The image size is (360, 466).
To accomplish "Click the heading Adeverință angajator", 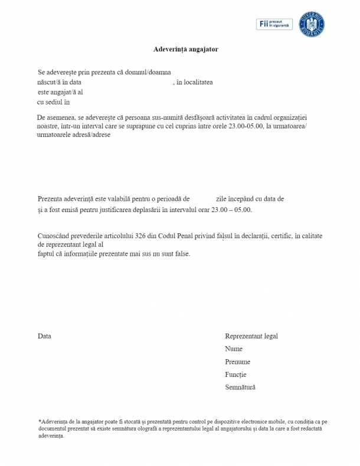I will pyautogui.click(x=181, y=50).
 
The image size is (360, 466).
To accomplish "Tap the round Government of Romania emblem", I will pyautogui.click(x=312, y=24).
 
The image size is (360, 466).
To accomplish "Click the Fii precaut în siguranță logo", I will pyautogui.click(x=274, y=24).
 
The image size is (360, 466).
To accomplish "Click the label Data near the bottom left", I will pyautogui.click(x=44, y=336).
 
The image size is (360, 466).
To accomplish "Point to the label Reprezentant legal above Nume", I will pyautogui.click(x=251, y=336).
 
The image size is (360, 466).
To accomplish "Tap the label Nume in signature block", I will pyautogui.click(x=234, y=349).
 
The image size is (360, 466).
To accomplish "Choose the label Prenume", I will pyautogui.click(x=237, y=361).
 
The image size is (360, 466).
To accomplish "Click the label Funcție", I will pyautogui.click(x=235, y=374).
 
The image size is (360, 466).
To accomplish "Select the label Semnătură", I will pyautogui.click(x=240, y=387).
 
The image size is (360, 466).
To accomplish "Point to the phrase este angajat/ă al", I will pyautogui.click(x=60, y=92).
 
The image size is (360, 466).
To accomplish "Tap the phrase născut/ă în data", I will pyautogui.click(x=59, y=82).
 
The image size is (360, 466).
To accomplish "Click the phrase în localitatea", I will pyautogui.click(x=195, y=82).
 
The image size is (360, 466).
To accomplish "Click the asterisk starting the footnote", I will pyautogui.click(x=39, y=421).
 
